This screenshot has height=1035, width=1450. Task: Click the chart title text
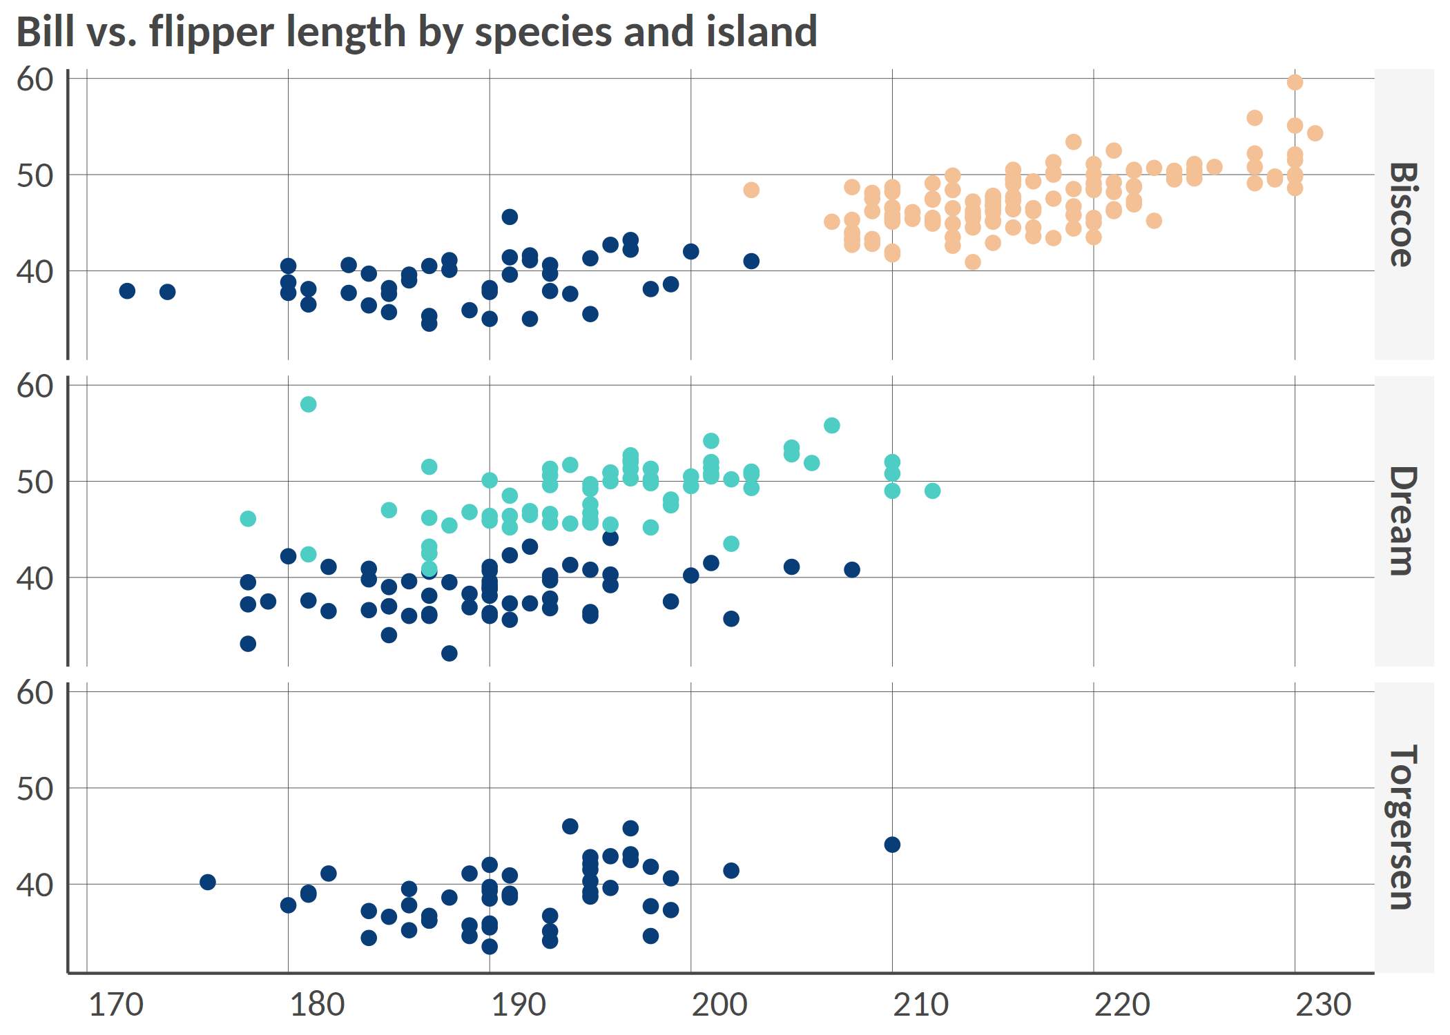(416, 32)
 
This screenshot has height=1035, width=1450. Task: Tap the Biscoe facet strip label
(1403, 215)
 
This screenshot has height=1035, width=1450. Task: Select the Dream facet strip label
(1403, 521)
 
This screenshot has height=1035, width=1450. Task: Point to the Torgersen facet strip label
(1403, 827)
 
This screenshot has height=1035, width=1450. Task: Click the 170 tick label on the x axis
(116, 1005)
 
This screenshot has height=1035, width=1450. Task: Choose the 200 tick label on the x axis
(719, 1005)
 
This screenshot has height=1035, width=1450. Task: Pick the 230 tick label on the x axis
(1323, 1005)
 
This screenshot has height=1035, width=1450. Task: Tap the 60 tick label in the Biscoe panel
(35, 79)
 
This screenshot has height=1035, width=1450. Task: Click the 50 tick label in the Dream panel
(35, 482)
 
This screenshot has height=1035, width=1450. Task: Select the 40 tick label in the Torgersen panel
(35, 885)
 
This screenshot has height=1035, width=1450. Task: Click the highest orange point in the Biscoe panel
(1295, 82)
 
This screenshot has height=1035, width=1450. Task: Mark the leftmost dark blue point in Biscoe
(127, 291)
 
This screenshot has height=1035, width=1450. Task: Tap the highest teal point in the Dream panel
(309, 404)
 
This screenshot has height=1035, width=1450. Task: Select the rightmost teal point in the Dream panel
(932, 491)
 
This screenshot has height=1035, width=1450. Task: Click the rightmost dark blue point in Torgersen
(892, 845)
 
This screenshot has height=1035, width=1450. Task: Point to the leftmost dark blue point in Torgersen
(208, 882)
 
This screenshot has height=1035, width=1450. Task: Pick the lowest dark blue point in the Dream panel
(449, 653)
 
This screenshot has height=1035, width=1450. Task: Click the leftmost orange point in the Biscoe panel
(751, 190)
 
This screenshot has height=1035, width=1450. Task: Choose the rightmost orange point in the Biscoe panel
(1315, 133)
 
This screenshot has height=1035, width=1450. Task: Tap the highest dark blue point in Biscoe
(510, 217)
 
